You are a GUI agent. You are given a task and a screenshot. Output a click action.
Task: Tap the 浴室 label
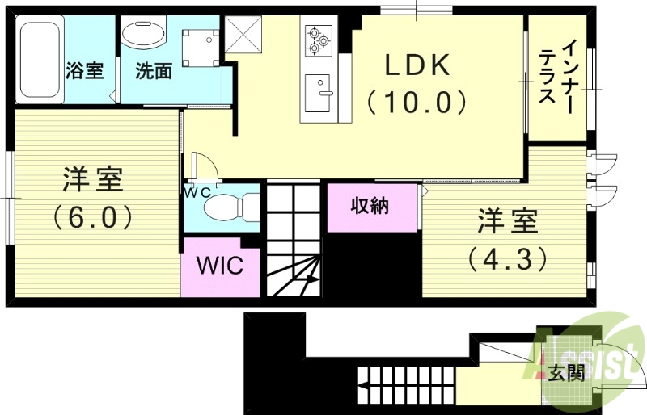point(84,71)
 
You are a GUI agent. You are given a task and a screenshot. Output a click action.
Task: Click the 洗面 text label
point(154,71)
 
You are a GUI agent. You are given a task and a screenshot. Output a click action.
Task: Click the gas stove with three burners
point(317,38)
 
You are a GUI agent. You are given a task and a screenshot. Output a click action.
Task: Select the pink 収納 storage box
point(371,207)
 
